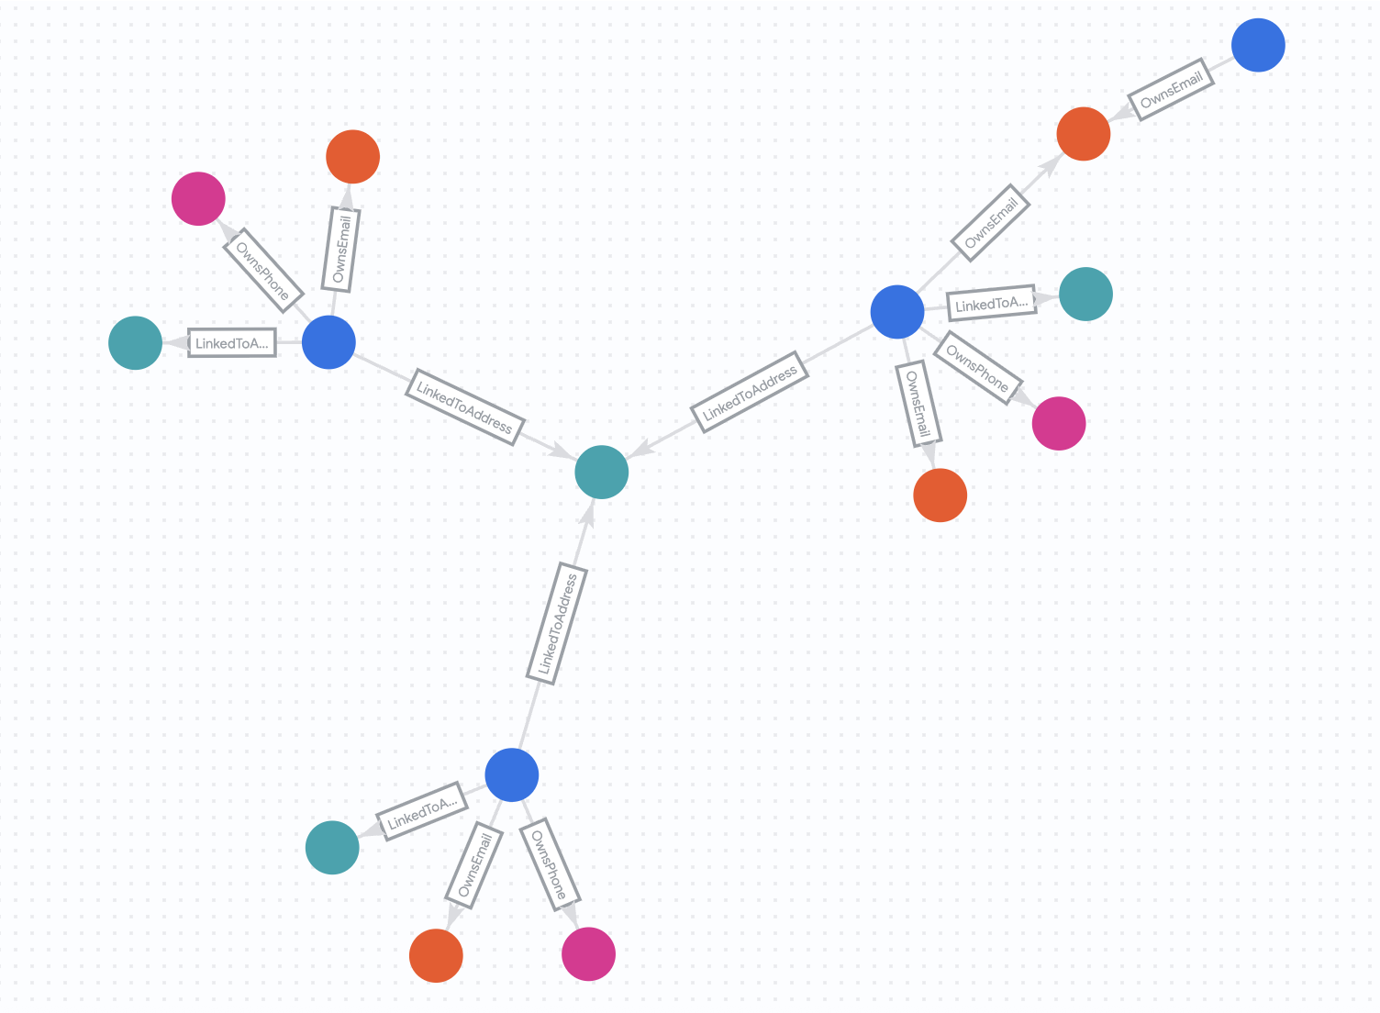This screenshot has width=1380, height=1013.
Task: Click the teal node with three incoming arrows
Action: pos(601,472)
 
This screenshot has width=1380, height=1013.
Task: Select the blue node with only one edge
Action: pos(1258,45)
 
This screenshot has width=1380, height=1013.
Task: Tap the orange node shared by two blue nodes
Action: pos(1083,134)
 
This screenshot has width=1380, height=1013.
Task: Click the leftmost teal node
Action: pos(135,343)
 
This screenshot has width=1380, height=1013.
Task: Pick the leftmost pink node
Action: pos(198,198)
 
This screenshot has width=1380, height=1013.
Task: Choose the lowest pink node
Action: pos(588,954)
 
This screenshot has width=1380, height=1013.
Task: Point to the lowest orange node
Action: pos(436,955)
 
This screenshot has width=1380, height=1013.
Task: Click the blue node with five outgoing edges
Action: pos(896,312)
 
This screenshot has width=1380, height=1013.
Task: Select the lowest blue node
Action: pos(511,774)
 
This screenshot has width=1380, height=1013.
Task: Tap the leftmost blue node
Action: pos(328,342)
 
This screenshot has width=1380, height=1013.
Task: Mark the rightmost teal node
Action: pos(1085,294)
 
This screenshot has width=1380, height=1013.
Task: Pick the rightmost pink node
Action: pos(1059,424)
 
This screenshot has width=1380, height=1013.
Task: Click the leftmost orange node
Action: pos(352,157)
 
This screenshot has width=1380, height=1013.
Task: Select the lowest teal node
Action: pos(332,847)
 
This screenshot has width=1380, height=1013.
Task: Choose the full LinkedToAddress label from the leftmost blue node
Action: pos(464,406)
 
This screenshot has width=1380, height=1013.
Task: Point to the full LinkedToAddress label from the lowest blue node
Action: pos(557,624)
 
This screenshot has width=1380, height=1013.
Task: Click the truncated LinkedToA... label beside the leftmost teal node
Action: pos(231,343)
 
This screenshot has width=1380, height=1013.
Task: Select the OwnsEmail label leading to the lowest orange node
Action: pos(473,864)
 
